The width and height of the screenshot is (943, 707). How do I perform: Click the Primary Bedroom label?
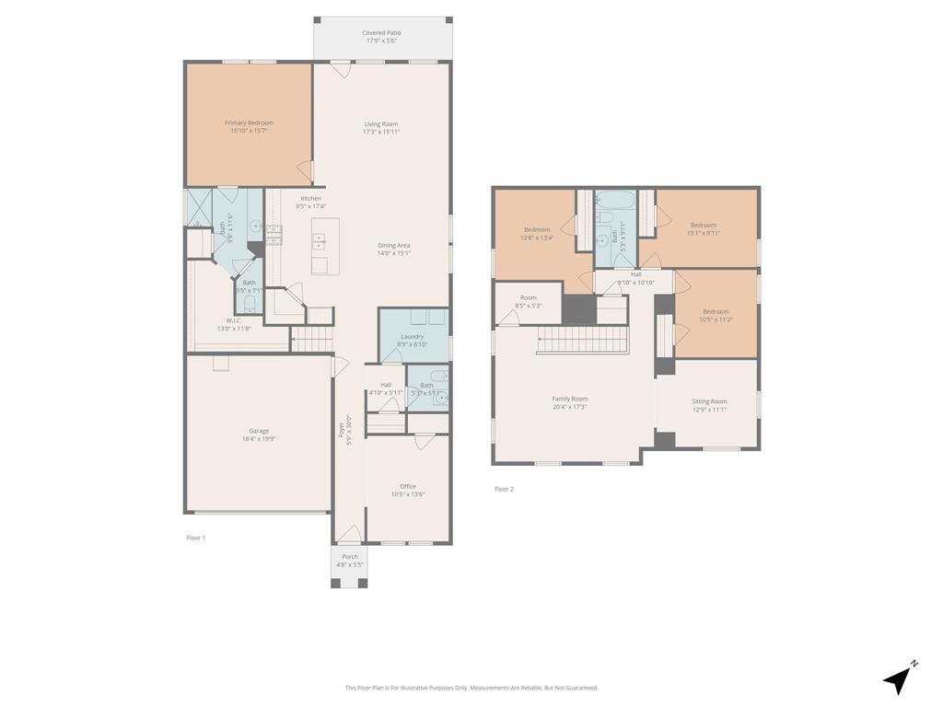point(249,127)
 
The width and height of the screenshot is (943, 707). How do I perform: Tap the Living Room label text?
point(381,128)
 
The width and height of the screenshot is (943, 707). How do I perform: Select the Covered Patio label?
point(381,37)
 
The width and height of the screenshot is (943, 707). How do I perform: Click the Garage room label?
point(259,435)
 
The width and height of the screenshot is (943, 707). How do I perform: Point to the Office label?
point(408,490)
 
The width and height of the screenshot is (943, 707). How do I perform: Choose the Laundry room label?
point(413,340)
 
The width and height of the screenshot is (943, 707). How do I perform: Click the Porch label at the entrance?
point(350,560)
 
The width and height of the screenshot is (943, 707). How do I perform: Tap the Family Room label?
point(569,402)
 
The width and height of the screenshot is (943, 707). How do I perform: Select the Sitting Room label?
point(709,405)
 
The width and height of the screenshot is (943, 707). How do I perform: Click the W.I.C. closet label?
point(234,324)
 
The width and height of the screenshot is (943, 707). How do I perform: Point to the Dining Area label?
point(394,249)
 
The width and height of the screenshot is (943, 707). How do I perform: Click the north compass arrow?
point(900,679)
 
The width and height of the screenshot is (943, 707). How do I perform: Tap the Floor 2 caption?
point(504,489)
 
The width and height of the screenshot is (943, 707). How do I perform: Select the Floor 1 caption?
point(195,538)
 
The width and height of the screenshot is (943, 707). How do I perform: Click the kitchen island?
point(325,246)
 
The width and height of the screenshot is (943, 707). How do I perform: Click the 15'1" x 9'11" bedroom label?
point(704,228)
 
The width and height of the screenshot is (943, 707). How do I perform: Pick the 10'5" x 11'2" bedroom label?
point(716,315)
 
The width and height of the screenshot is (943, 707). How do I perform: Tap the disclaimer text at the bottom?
point(471,688)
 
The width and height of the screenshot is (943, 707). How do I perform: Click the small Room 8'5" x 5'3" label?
point(528,301)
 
